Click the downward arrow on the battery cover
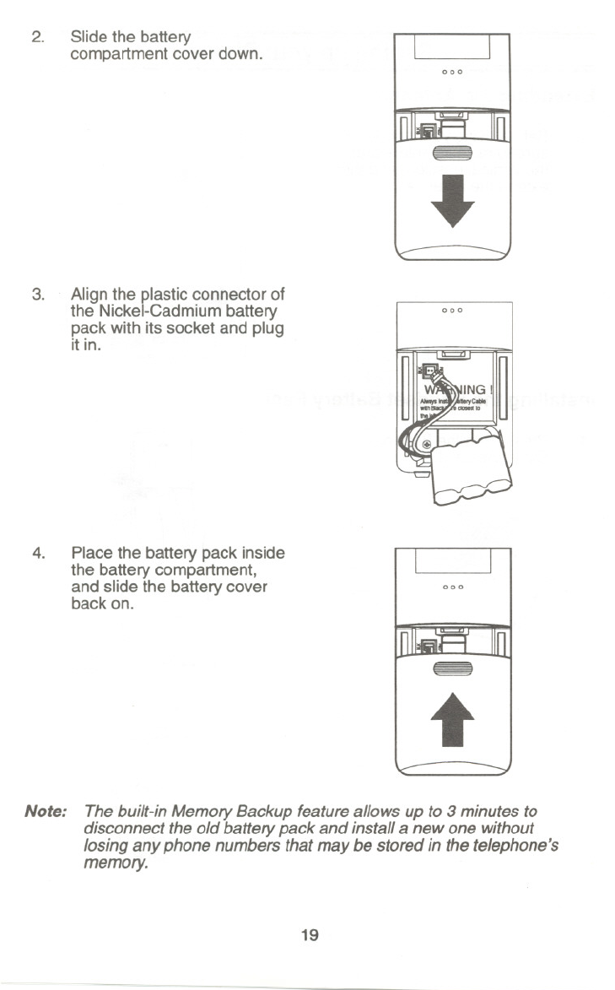(x=452, y=199)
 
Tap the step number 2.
(x=36, y=37)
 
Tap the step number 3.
(x=36, y=295)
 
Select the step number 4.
(x=37, y=554)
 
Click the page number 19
(x=309, y=934)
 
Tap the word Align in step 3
(x=90, y=295)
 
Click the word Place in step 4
(x=93, y=554)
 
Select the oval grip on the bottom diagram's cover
(x=452, y=668)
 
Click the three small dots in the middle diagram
(x=453, y=311)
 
